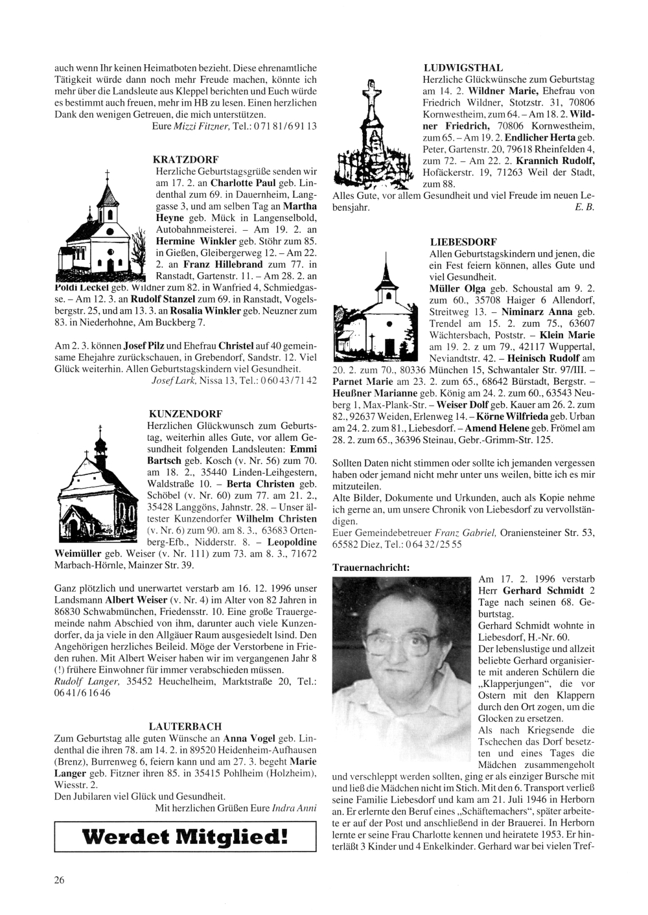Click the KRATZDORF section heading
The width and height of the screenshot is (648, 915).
tap(185, 159)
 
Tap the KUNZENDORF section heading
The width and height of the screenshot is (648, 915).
tap(185, 413)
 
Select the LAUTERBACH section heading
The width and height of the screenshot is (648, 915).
tap(185, 726)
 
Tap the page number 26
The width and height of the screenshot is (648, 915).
tap(59, 879)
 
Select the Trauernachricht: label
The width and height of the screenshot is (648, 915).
tap(371, 566)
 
